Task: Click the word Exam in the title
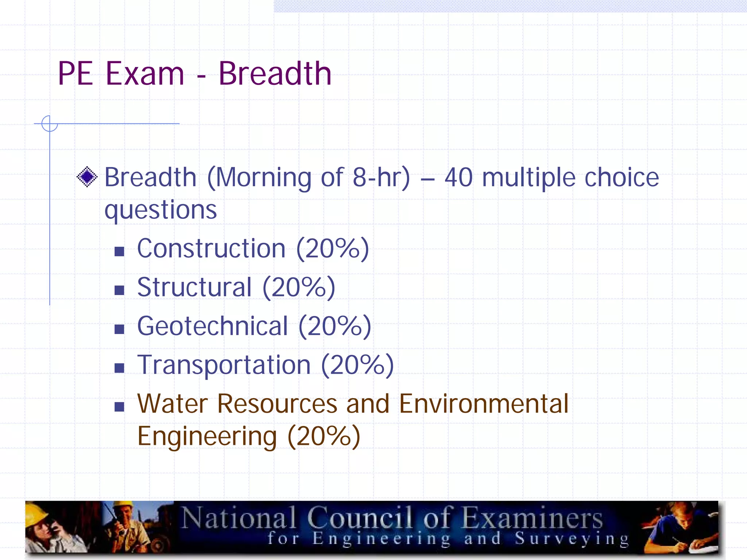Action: point(145,74)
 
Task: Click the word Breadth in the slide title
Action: point(275,74)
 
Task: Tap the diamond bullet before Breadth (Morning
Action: point(87,177)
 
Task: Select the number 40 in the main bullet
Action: point(458,178)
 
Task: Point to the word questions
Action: point(160,210)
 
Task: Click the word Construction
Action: point(211,249)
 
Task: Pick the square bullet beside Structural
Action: point(119,290)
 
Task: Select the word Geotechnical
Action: point(213,326)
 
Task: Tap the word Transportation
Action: point(224,365)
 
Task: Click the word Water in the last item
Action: point(172,404)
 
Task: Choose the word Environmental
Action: point(484,404)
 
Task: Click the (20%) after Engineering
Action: point(324,436)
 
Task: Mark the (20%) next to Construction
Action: point(333,249)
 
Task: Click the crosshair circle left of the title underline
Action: point(50,124)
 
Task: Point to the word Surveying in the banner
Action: point(572,539)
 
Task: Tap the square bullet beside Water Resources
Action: point(119,407)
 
